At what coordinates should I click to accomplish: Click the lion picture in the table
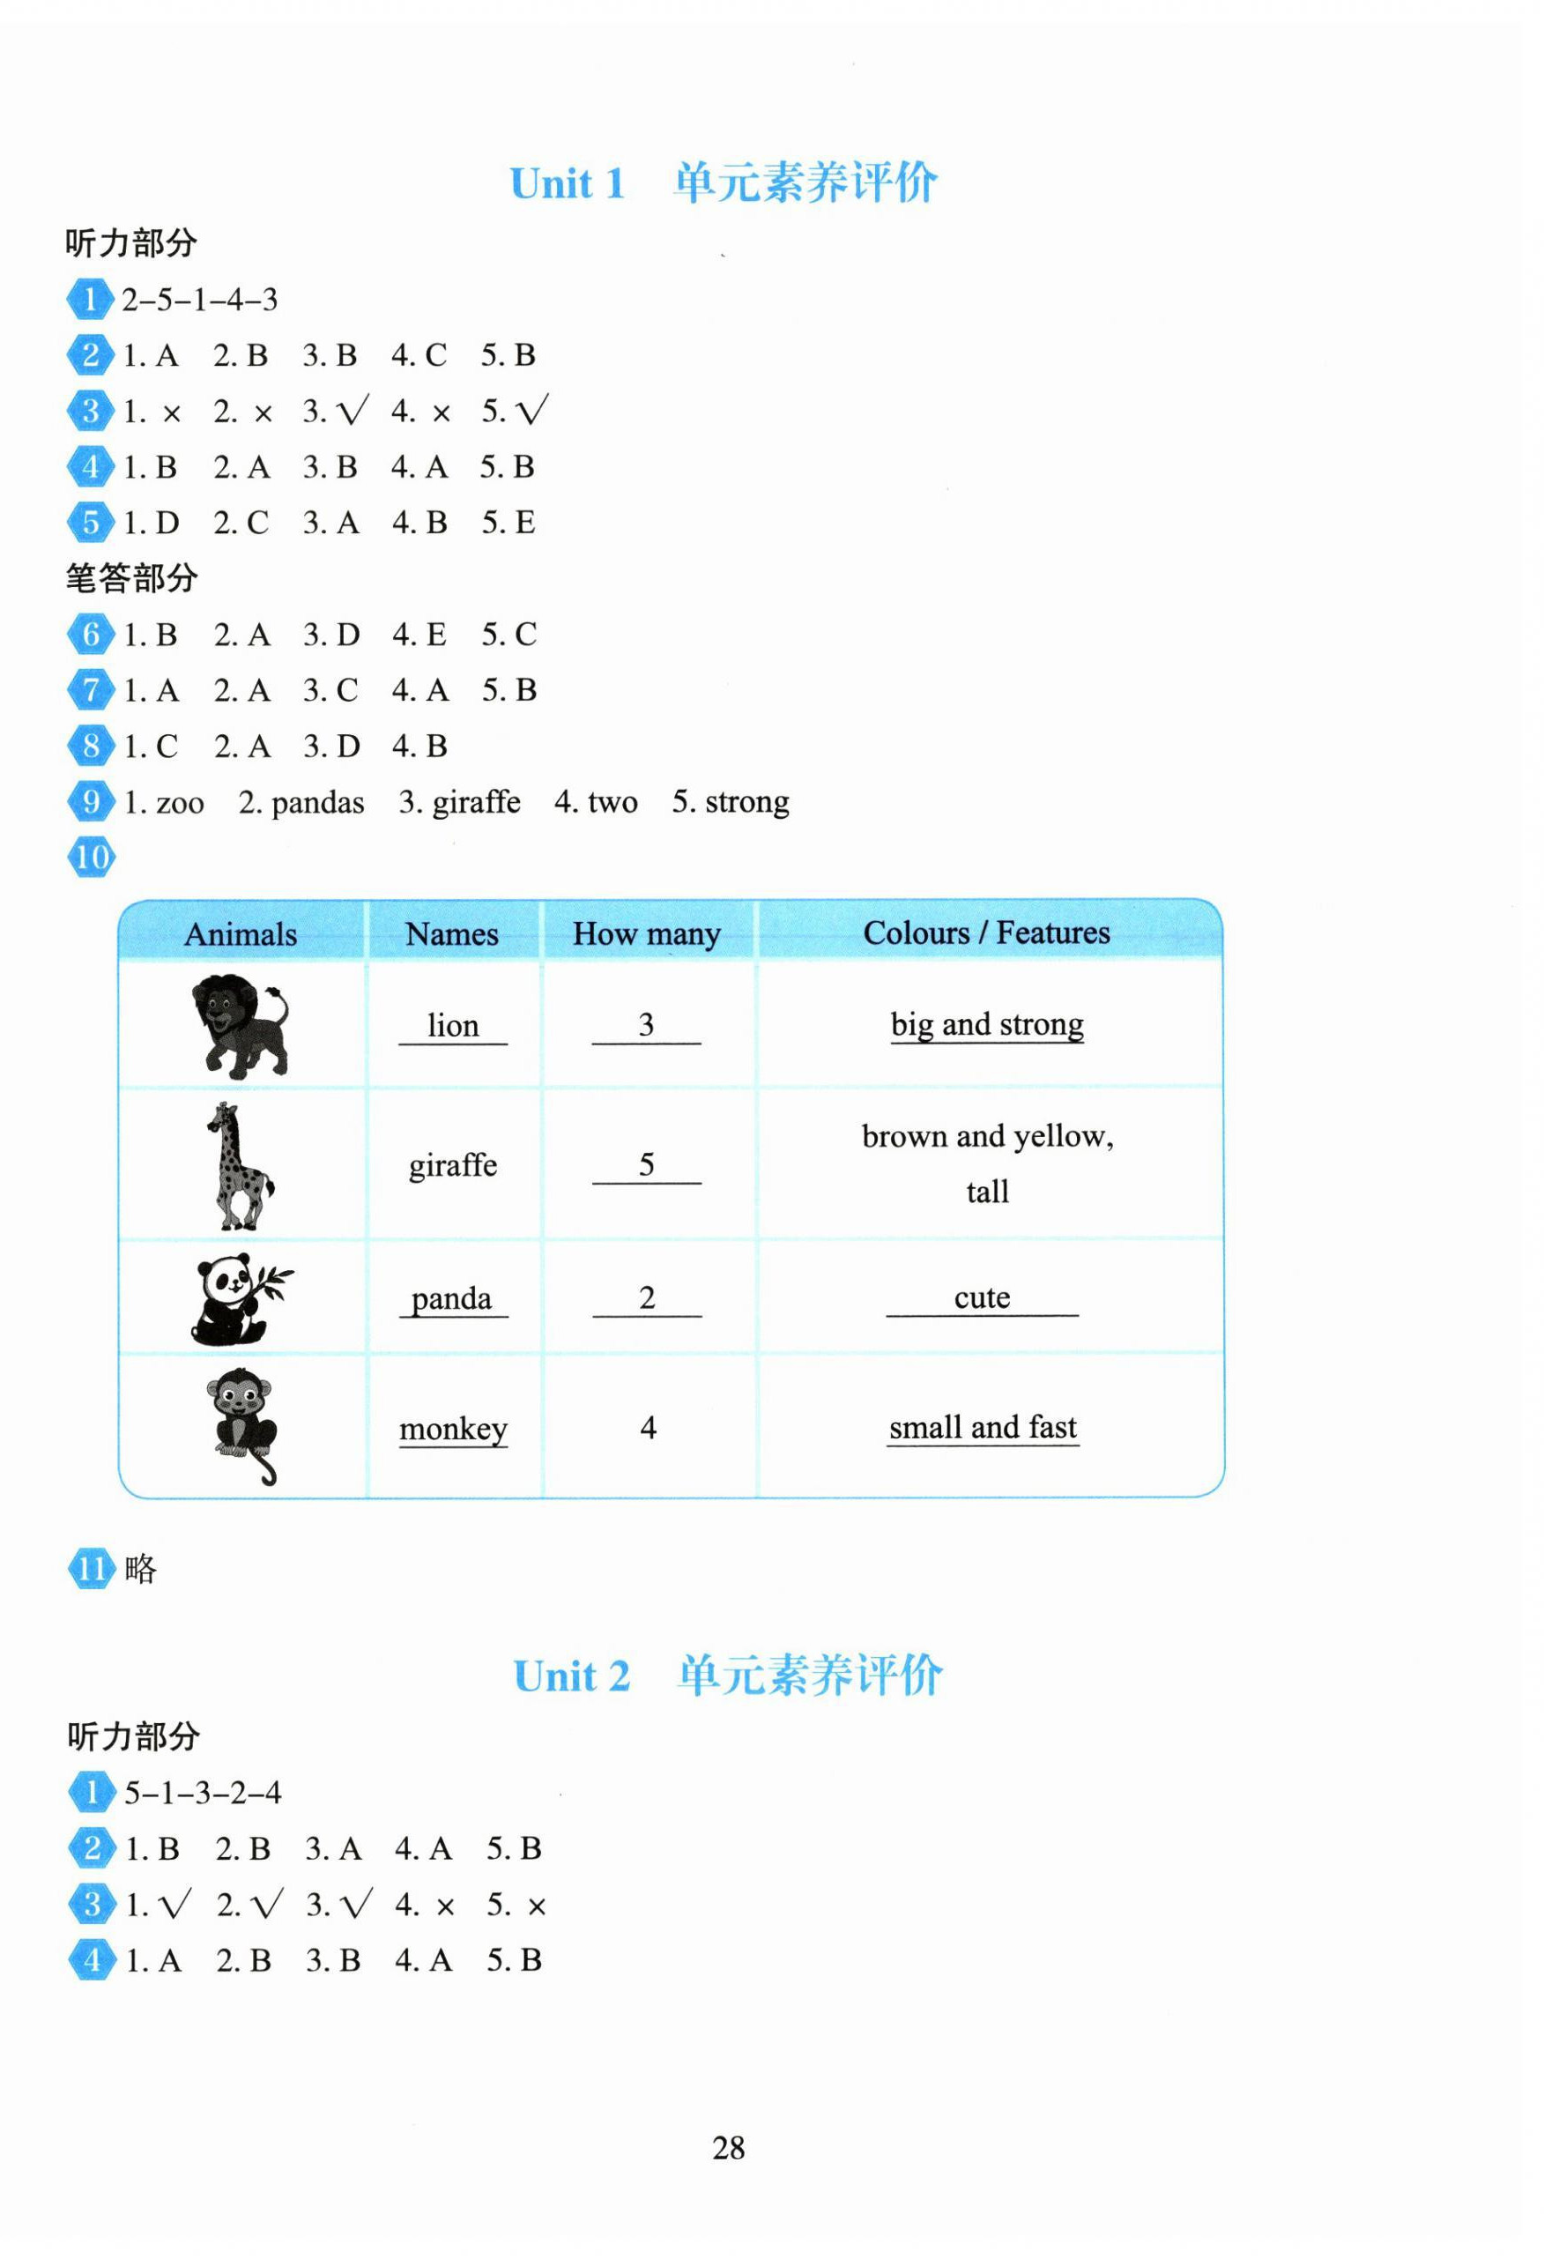[240, 1025]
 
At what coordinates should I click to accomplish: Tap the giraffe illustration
[238, 1164]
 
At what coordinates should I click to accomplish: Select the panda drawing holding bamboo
[240, 1297]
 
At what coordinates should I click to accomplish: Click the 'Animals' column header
[240, 934]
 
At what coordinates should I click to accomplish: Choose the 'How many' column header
[646, 934]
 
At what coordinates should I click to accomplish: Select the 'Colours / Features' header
[985, 933]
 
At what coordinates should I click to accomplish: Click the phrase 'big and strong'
[986, 1024]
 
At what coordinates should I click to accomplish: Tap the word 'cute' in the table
[982, 1297]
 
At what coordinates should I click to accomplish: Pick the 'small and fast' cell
[983, 1427]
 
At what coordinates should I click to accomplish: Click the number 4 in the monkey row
[648, 1427]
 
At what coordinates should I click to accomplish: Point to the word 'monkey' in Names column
[453, 1429]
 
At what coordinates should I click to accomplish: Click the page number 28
[728, 2147]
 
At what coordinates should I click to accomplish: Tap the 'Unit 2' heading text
[571, 1676]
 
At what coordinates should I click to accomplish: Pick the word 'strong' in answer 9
[746, 803]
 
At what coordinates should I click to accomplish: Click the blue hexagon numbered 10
[92, 858]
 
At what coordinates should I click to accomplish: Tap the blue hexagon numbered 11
[92, 1569]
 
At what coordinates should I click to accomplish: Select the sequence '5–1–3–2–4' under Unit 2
[202, 1793]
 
